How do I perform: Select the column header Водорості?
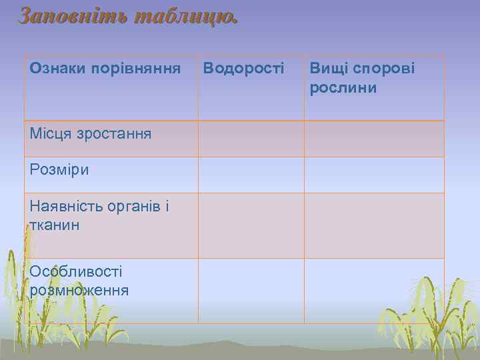pos(243,68)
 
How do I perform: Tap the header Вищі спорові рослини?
pos(362,78)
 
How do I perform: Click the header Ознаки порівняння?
pos(105,68)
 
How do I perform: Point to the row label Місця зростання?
pos(91,134)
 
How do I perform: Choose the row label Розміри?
pos(59,170)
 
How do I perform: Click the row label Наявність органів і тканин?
pos(99,216)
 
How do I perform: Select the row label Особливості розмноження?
pos(79,281)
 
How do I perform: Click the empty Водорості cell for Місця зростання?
pos(251,139)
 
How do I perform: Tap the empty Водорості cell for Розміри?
pos(251,175)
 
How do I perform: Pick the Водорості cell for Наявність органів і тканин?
pos(251,225)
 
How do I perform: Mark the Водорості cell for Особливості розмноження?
pos(251,291)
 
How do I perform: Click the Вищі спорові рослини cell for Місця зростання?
pos(375,139)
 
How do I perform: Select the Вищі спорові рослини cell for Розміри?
pos(375,175)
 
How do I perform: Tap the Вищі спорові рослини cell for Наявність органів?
pos(375,225)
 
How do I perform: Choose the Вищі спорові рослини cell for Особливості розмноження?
pos(375,291)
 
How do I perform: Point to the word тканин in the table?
pos(55,225)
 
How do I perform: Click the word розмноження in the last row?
pos(79,291)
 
